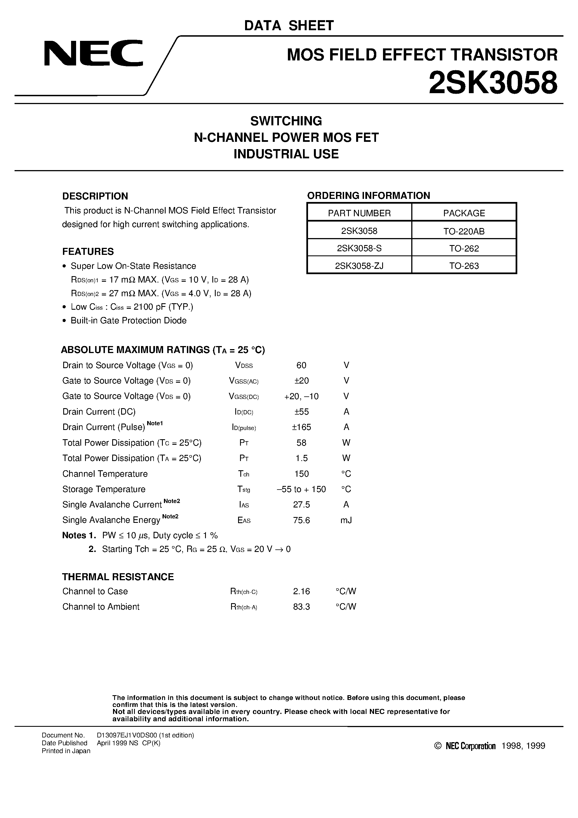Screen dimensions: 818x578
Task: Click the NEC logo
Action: [93, 53]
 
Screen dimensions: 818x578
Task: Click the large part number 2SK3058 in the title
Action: [493, 83]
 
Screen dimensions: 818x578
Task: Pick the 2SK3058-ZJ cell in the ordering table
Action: [359, 266]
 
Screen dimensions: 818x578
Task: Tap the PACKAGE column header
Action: [464, 213]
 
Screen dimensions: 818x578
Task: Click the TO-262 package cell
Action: [464, 249]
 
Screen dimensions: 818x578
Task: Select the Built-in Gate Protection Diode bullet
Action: [128, 320]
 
